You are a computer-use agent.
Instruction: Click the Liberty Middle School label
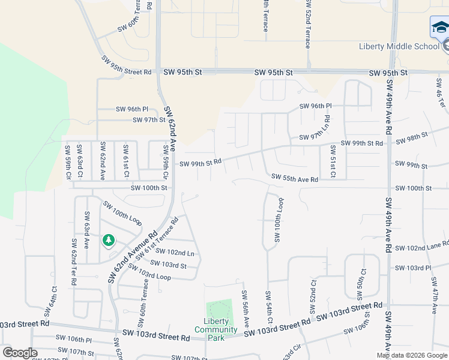[x=398, y=46]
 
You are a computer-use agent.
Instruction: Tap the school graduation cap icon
[x=439, y=28]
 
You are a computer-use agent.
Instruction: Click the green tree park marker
[x=109, y=241]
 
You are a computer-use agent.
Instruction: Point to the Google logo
[x=20, y=353]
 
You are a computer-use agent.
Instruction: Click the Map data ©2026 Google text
[x=412, y=355]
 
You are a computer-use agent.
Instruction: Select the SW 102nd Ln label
[x=175, y=253]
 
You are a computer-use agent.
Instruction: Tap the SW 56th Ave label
[x=245, y=308]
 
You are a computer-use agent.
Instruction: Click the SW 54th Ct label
[x=268, y=308]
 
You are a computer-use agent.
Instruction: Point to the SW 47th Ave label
[x=435, y=300]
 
